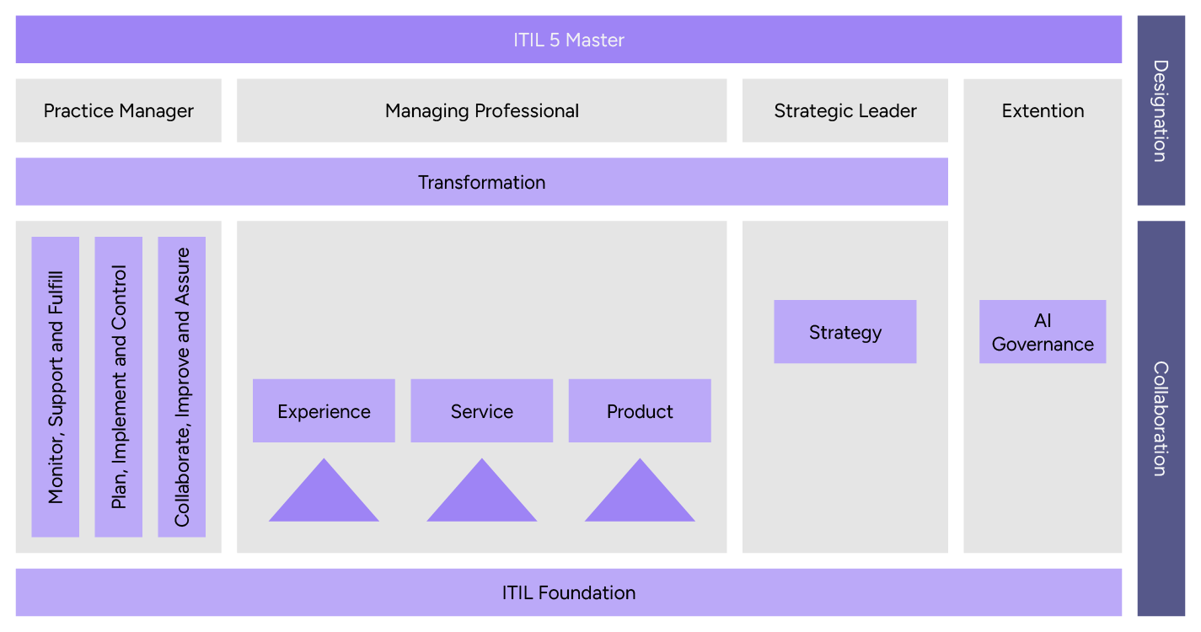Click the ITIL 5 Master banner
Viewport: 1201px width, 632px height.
point(569,40)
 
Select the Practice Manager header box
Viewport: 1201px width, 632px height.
point(119,110)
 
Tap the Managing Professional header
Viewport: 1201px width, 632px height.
point(481,110)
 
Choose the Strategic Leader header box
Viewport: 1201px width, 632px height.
point(844,110)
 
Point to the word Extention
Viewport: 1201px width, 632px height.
point(1043,110)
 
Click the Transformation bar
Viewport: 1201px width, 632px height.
point(481,182)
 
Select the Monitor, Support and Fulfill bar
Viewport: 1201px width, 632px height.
point(56,387)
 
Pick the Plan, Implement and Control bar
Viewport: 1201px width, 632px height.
point(119,387)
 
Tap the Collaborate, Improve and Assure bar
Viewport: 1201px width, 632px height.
point(182,387)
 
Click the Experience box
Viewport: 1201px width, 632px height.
point(324,411)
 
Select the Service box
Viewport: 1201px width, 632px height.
point(481,411)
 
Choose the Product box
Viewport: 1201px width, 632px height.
point(640,411)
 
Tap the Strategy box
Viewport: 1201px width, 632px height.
point(844,332)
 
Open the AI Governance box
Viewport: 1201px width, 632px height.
point(1043,332)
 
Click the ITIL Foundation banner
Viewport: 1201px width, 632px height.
point(569,592)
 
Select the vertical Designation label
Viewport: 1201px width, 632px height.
point(1161,110)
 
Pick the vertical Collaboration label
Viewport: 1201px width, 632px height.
point(1161,419)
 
